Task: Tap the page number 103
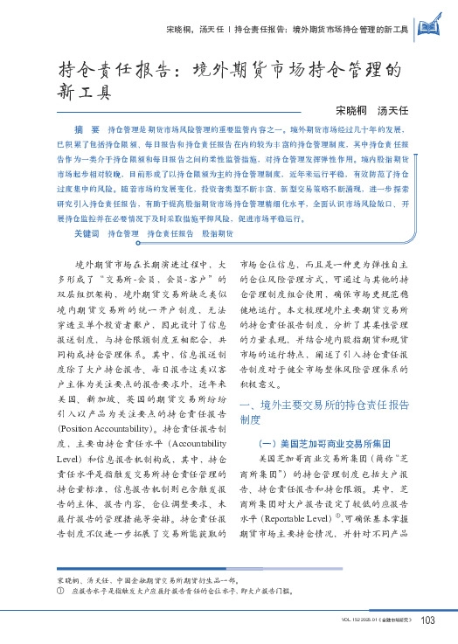point(428,621)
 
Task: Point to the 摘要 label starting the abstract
point(87,128)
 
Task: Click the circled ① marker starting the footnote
point(59,591)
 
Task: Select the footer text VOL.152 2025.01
point(351,622)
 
